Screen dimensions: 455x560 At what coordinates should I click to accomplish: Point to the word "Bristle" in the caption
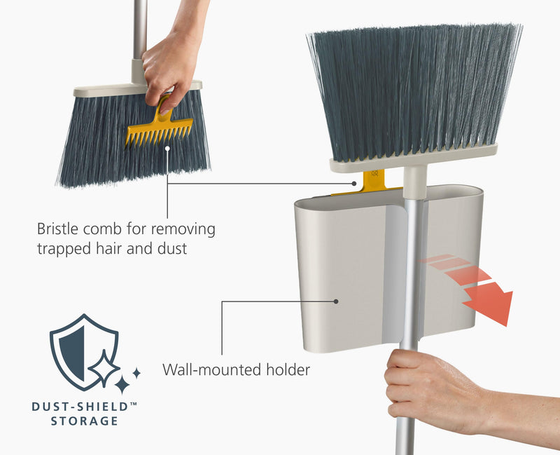[x=59, y=229]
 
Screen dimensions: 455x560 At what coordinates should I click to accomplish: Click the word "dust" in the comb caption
[x=172, y=248]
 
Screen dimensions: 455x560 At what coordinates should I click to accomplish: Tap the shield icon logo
[x=84, y=351]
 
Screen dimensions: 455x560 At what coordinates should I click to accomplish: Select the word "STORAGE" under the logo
[x=84, y=421]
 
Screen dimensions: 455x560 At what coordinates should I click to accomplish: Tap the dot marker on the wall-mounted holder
[x=337, y=301]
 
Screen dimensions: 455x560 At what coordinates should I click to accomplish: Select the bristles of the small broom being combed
[x=98, y=140]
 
